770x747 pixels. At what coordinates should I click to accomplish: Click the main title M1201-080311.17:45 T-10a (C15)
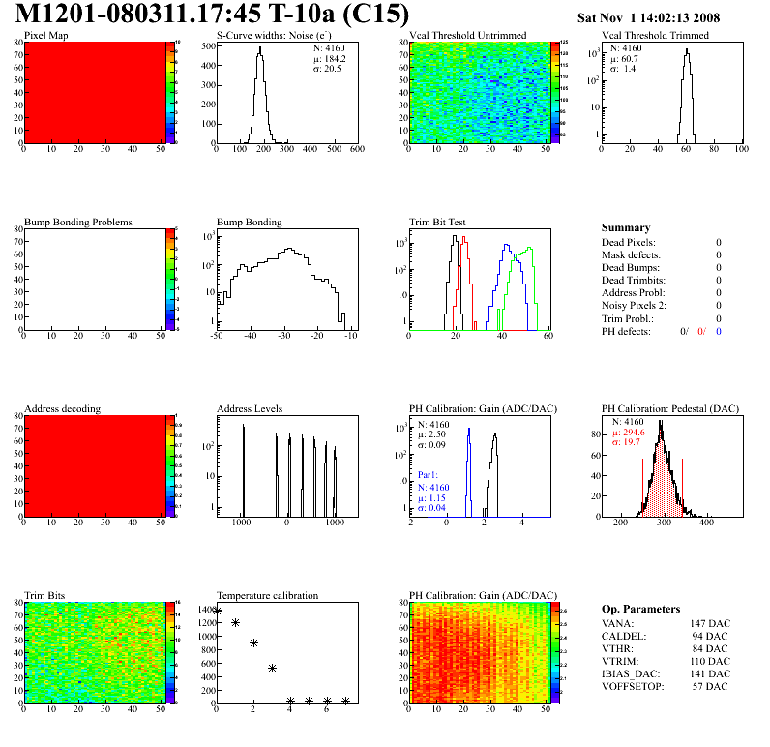[x=213, y=15]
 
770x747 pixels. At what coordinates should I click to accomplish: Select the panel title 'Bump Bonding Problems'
[x=78, y=222]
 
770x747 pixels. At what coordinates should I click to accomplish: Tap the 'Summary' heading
[x=626, y=227]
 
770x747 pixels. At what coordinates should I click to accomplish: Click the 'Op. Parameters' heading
[x=640, y=609]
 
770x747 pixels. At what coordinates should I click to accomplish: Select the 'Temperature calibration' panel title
[x=267, y=595]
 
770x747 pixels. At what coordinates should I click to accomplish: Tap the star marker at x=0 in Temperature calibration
[x=217, y=611]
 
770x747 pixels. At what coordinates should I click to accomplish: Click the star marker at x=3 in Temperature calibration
[x=272, y=668]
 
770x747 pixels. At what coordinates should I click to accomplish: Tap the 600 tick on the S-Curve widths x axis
[x=356, y=150]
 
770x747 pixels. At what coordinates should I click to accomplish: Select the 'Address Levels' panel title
[x=250, y=408]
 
